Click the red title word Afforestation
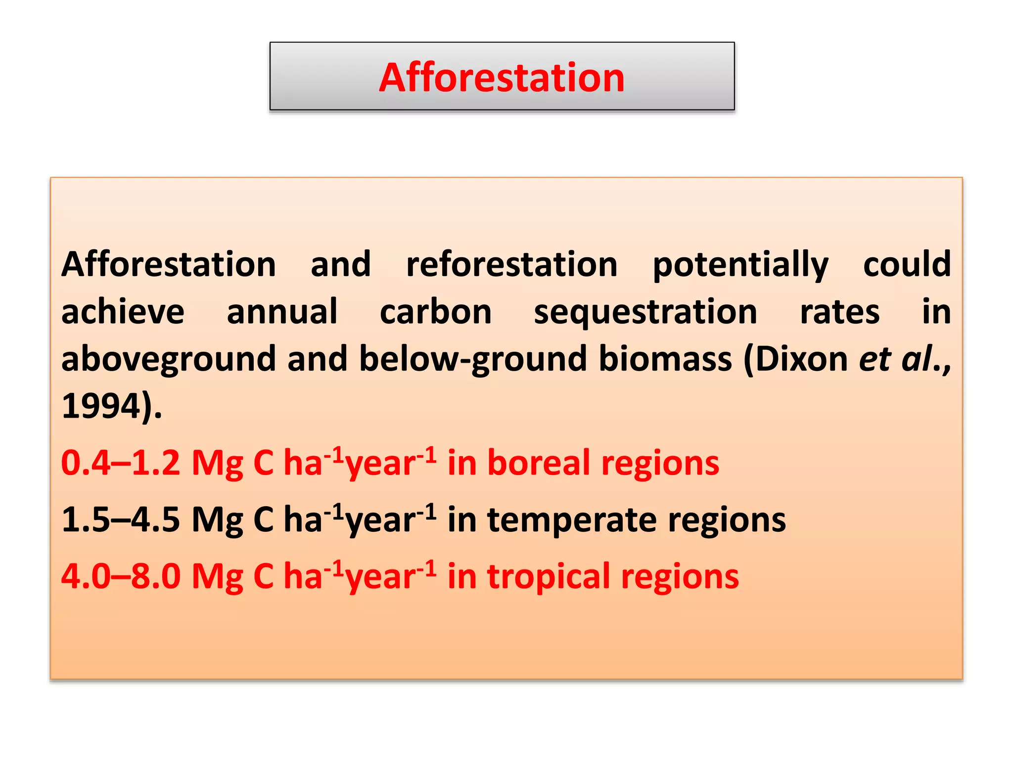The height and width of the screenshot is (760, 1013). [502, 78]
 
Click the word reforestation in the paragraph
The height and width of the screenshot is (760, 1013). [512, 264]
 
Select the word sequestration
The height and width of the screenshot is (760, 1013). [645, 313]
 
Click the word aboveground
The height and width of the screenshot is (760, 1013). [168, 360]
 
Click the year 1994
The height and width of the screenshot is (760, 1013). [101, 406]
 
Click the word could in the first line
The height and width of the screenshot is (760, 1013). [907, 264]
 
